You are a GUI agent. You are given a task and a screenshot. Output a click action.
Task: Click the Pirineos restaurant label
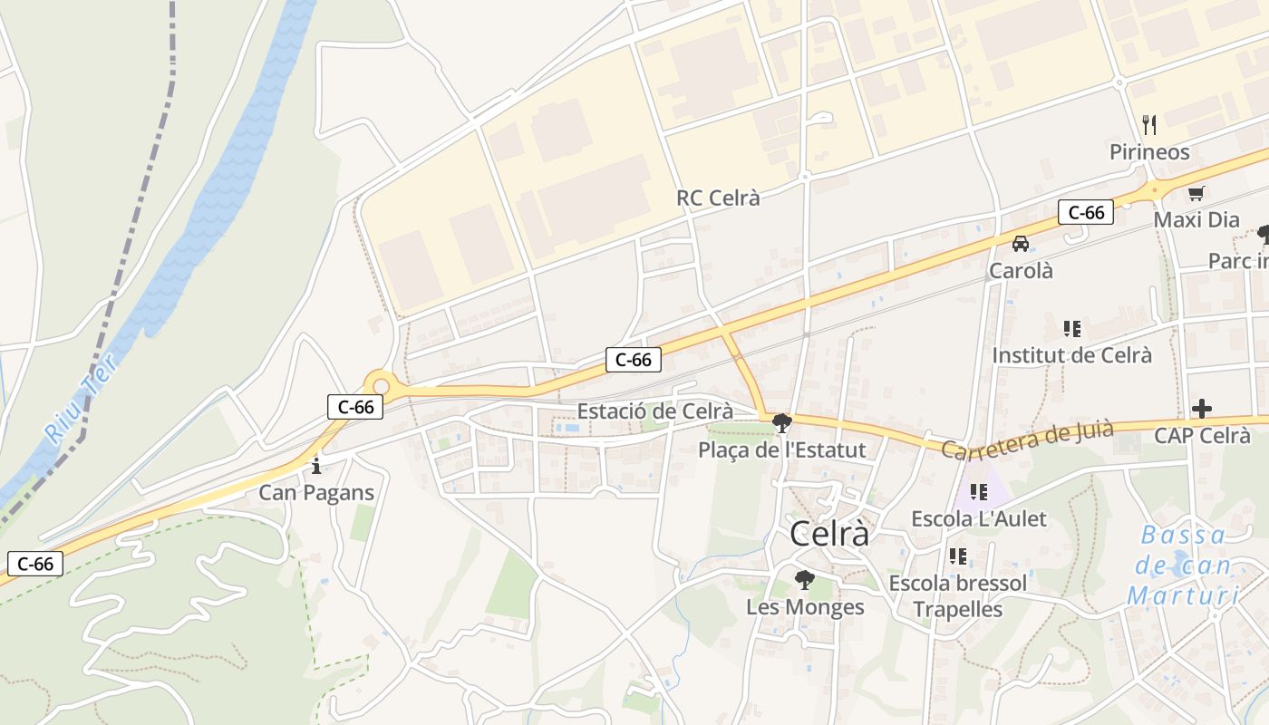point(1149,151)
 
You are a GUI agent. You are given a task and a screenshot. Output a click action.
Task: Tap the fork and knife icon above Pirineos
point(1149,123)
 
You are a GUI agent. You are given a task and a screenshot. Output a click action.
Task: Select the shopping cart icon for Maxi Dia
point(1196,193)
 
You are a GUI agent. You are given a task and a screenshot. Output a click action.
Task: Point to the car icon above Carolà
point(1021,244)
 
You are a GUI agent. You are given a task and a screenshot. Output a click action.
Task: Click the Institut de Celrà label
point(1071,354)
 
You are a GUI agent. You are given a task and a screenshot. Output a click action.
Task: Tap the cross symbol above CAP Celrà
point(1202,409)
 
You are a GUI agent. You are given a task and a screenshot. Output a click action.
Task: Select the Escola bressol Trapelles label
point(958,595)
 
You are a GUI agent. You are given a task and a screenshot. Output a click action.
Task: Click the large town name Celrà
point(829,535)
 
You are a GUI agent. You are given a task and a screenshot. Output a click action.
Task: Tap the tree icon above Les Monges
point(804,580)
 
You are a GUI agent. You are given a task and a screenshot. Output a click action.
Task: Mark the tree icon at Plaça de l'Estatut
point(781,422)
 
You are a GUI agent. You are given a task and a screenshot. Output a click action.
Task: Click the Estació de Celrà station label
point(667,411)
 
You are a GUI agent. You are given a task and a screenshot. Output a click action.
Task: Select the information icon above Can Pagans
point(315,467)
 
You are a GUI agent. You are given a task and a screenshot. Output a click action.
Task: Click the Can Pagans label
point(315,493)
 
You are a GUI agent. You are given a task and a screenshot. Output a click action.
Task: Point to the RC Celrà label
point(718,198)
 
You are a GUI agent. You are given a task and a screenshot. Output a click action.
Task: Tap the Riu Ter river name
point(81,399)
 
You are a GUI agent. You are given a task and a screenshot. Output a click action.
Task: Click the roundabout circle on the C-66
point(381,387)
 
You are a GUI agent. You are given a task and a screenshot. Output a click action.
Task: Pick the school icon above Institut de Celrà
point(1072,328)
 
